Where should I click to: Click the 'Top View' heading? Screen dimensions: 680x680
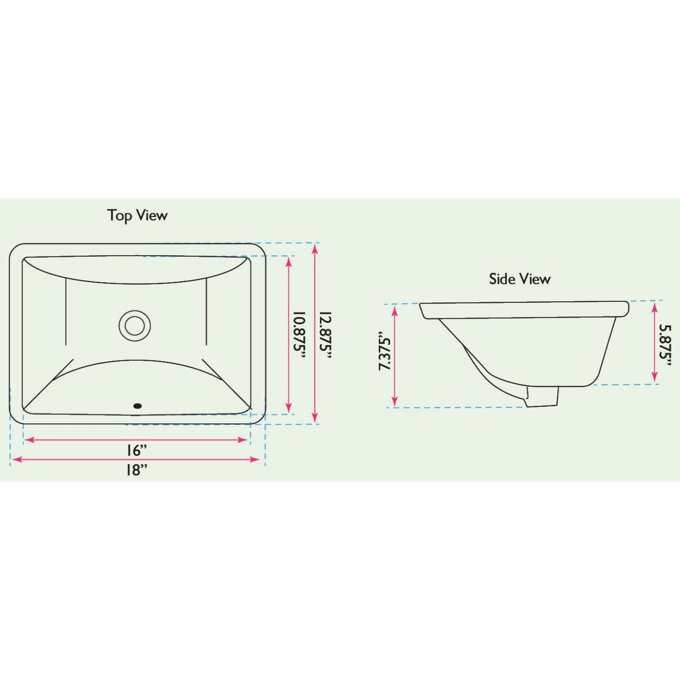137,216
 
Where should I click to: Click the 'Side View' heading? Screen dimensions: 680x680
520,279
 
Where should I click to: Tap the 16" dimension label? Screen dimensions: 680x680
136,450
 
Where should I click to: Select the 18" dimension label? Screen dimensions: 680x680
136,469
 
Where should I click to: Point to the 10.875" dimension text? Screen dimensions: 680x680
300,336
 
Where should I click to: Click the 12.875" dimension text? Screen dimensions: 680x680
326,336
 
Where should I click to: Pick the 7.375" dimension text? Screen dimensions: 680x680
385,352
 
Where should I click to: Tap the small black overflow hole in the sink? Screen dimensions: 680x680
137,405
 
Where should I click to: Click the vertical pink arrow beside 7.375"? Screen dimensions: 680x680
395,356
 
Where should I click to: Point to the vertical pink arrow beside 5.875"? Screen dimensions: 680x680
654,343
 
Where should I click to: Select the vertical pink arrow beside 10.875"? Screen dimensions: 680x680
289,335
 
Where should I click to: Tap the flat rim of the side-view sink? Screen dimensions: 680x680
524,310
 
